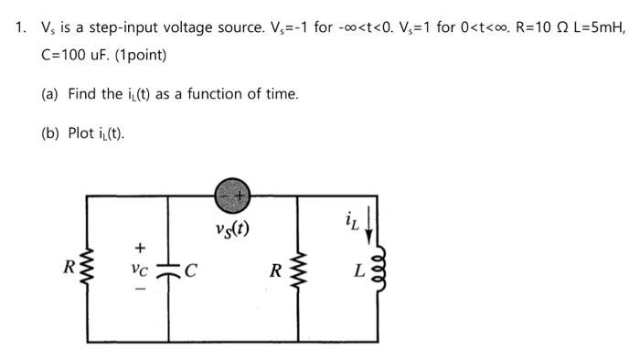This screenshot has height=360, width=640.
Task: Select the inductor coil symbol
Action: pyautogui.click(x=375, y=272)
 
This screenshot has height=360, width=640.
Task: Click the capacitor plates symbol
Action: pyautogui.click(x=169, y=271)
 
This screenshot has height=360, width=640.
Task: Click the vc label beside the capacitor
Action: pyautogui.click(x=140, y=271)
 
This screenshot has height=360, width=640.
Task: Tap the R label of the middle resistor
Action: pyautogui.click(x=275, y=270)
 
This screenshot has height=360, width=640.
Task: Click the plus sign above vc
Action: pyautogui.click(x=140, y=246)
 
